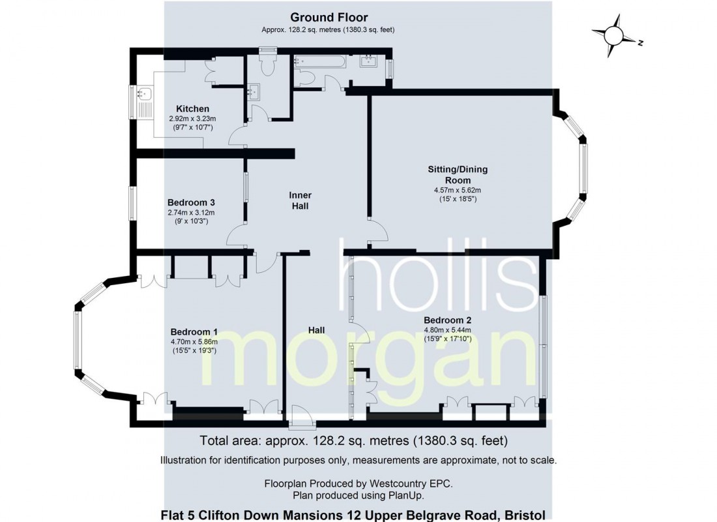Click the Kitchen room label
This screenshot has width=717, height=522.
click(x=192, y=109)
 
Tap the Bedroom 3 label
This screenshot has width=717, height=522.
click(x=191, y=202)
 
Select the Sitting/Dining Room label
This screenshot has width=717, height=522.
click(x=458, y=174)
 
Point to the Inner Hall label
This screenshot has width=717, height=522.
click(x=300, y=200)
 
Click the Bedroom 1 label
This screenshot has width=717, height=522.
click(x=194, y=332)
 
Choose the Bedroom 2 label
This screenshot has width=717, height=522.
click(x=447, y=320)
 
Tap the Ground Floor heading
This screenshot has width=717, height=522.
click(x=329, y=18)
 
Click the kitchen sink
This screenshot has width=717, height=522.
click(x=143, y=93)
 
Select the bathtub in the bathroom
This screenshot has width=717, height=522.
click(x=319, y=61)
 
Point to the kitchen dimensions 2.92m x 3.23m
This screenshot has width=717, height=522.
click(x=192, y=118)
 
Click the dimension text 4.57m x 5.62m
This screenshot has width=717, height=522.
click(x=458, y=190)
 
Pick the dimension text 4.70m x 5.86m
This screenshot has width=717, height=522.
click(x=194, y=342)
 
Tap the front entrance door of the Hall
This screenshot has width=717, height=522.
click(x=302, y=418)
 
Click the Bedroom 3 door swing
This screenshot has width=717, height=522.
click(x=237, y=236)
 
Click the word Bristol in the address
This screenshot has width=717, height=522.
click(x=529, y=515)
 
